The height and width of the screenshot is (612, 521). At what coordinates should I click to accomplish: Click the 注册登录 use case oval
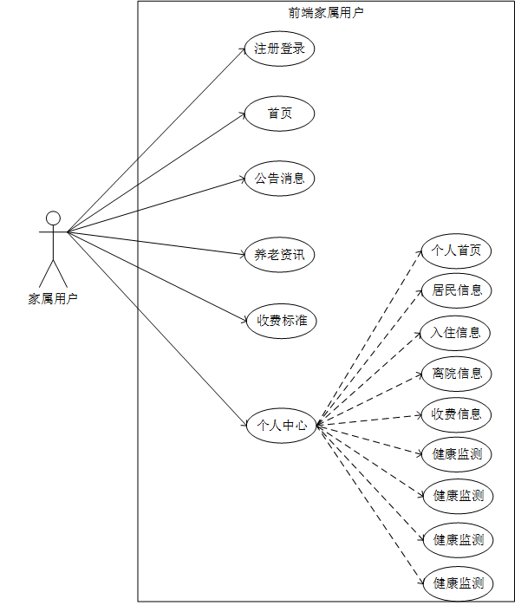(279, 49)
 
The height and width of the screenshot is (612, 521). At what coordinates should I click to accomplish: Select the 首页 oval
(279, 114)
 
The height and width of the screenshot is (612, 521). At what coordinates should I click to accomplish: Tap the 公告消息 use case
(279, 179)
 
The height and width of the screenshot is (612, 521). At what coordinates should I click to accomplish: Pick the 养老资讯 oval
(279, 255)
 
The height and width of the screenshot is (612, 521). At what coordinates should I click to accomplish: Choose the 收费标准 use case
(279, 320)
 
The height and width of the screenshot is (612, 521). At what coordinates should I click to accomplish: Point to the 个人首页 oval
(457, 251)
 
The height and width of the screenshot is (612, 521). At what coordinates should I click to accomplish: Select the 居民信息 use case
(457, 290)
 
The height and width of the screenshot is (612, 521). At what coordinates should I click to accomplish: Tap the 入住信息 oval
(457, 332)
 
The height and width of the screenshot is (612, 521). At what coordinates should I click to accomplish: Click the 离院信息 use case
(457, 374)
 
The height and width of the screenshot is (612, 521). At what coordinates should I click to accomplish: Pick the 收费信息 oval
(457, 413)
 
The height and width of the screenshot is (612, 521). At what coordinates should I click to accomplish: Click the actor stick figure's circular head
(53, 218)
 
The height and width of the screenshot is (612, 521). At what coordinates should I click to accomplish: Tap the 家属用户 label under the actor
(53, 299)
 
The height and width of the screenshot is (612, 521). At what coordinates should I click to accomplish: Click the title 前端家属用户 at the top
(326, 13)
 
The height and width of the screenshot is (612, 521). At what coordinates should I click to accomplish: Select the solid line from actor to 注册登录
(156, 140)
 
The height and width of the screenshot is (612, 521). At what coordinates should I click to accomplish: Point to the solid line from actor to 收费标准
(156, 276)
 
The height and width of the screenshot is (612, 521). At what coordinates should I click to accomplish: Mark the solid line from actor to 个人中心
(156, 328)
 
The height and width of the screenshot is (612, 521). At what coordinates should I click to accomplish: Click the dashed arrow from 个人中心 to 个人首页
(368, 338)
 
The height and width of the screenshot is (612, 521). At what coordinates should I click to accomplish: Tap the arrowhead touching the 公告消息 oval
(243, 179)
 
